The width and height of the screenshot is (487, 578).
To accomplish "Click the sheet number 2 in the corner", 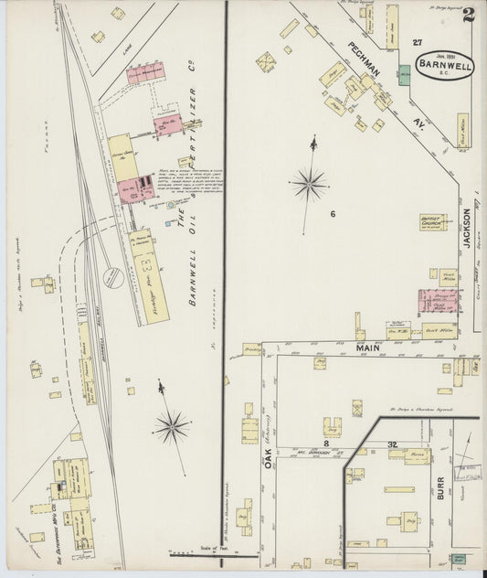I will tap(468, 16).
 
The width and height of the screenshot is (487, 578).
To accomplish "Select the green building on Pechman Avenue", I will tap(403, 73).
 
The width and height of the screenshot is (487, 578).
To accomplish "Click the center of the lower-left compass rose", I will tap(171, 425).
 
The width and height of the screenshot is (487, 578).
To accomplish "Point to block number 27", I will tap(418, 43).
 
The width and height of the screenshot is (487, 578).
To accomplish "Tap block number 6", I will tap(333, 214).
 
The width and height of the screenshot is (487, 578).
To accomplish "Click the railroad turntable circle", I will tap(112, 277).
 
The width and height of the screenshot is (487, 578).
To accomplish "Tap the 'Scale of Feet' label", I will tap(207, 551).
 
